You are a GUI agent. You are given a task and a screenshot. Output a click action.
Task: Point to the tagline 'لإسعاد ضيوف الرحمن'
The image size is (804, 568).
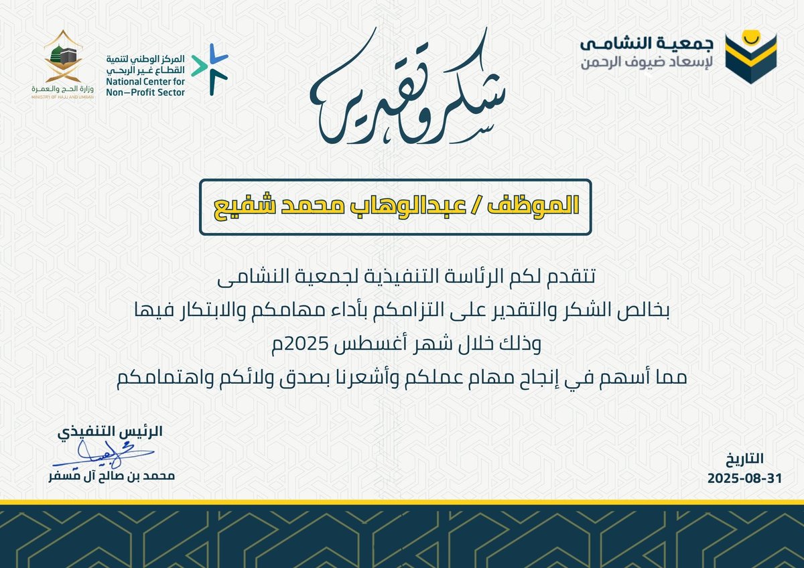point(647,65)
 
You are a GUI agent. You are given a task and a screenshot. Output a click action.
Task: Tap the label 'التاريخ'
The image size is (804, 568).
point(744,460)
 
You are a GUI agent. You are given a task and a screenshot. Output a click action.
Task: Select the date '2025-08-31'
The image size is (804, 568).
point(734,480)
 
